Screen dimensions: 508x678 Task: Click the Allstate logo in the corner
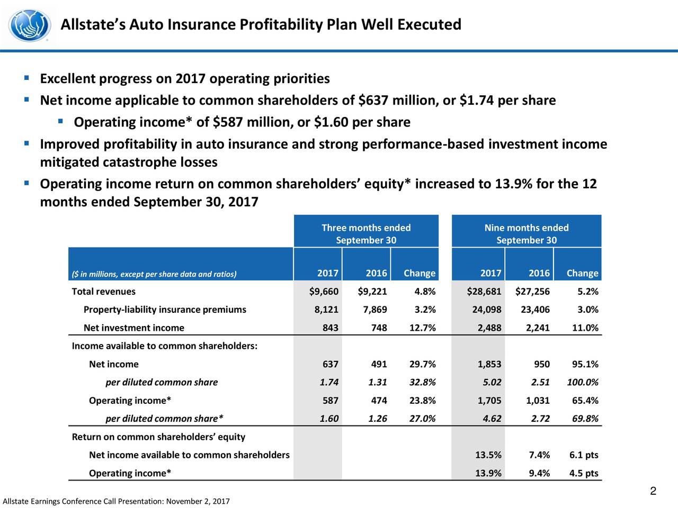(30, 25)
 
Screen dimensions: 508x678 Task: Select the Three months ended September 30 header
(366, 234)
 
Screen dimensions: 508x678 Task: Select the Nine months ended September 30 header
(527, 234)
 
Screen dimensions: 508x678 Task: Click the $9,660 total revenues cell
(324, 292)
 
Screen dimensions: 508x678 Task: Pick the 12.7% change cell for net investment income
(423, 328)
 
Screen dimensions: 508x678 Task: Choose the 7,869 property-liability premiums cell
(375, 310)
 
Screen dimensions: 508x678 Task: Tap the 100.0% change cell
(583, 383)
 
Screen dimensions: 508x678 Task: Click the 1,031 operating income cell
(538, 401)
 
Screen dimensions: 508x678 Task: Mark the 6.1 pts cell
(584, 455)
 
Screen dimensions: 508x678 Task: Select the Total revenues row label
(104, 292)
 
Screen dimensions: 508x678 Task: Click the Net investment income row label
(134, 328)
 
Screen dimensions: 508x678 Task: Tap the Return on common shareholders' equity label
(158, 437)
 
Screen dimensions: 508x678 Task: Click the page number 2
(653, 491)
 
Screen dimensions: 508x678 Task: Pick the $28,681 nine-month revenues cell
(484, 292)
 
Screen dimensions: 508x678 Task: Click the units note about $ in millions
(154, 274)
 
